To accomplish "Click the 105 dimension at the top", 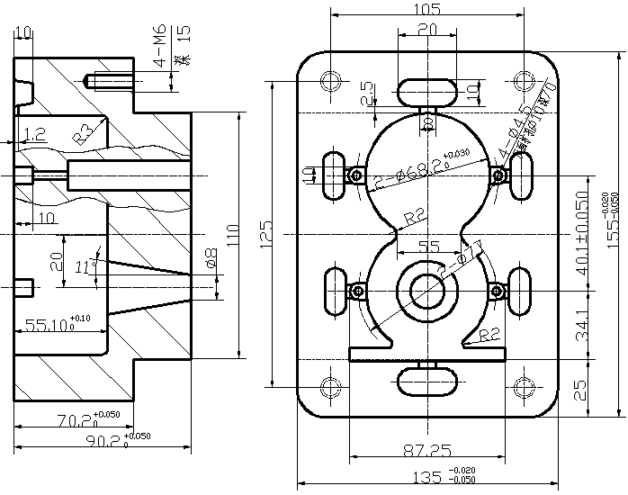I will tap(427, 10).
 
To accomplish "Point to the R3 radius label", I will tap(84, 134).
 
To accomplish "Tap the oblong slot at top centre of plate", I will tap(427, 91).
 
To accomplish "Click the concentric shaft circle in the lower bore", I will tap(427, 287).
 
